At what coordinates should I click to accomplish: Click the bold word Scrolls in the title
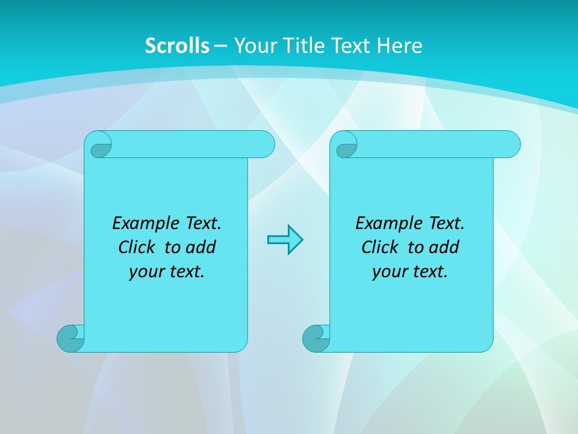(177, 46)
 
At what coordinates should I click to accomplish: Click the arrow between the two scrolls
(285, 240)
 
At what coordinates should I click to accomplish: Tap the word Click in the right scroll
(379, 247)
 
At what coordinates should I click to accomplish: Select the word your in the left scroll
(146, 272)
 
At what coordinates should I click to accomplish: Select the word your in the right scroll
(389, 272)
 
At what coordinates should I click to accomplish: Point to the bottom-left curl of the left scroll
(71, 338)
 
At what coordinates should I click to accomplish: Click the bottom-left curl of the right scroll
(315, 338)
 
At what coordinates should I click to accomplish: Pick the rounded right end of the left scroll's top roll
(265, 144)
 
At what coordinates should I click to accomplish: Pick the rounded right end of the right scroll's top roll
(511, 144)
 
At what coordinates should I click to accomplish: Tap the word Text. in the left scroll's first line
(202, 224)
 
